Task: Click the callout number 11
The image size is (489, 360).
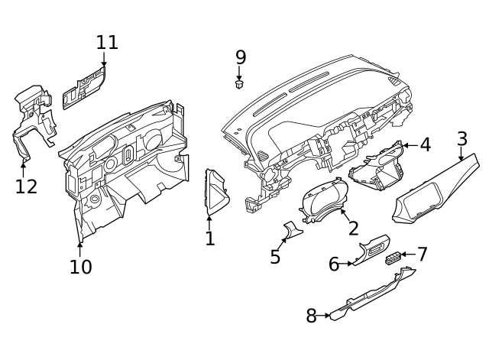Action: point(107,42)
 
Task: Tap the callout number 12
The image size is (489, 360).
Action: point(26,186)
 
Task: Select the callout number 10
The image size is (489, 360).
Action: point(80,267)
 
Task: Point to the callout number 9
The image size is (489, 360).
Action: point(241,57)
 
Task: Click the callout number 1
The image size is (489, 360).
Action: point(209,239)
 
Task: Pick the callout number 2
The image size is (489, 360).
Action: point(353,229)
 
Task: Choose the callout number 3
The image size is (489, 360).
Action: point(462,139)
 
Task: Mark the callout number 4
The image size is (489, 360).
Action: point(426,144)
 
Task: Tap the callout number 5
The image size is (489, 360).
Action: point(276,257)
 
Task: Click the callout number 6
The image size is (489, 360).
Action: point(334,264)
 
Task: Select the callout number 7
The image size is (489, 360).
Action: point(422,255)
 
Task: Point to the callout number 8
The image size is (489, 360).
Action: point(312,316)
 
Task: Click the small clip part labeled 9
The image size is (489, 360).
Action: point(239,85)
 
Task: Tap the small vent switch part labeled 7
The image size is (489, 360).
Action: point(393,258)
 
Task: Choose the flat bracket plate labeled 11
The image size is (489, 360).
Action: point(84,87)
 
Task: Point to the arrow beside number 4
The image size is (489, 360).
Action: point(408,144)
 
